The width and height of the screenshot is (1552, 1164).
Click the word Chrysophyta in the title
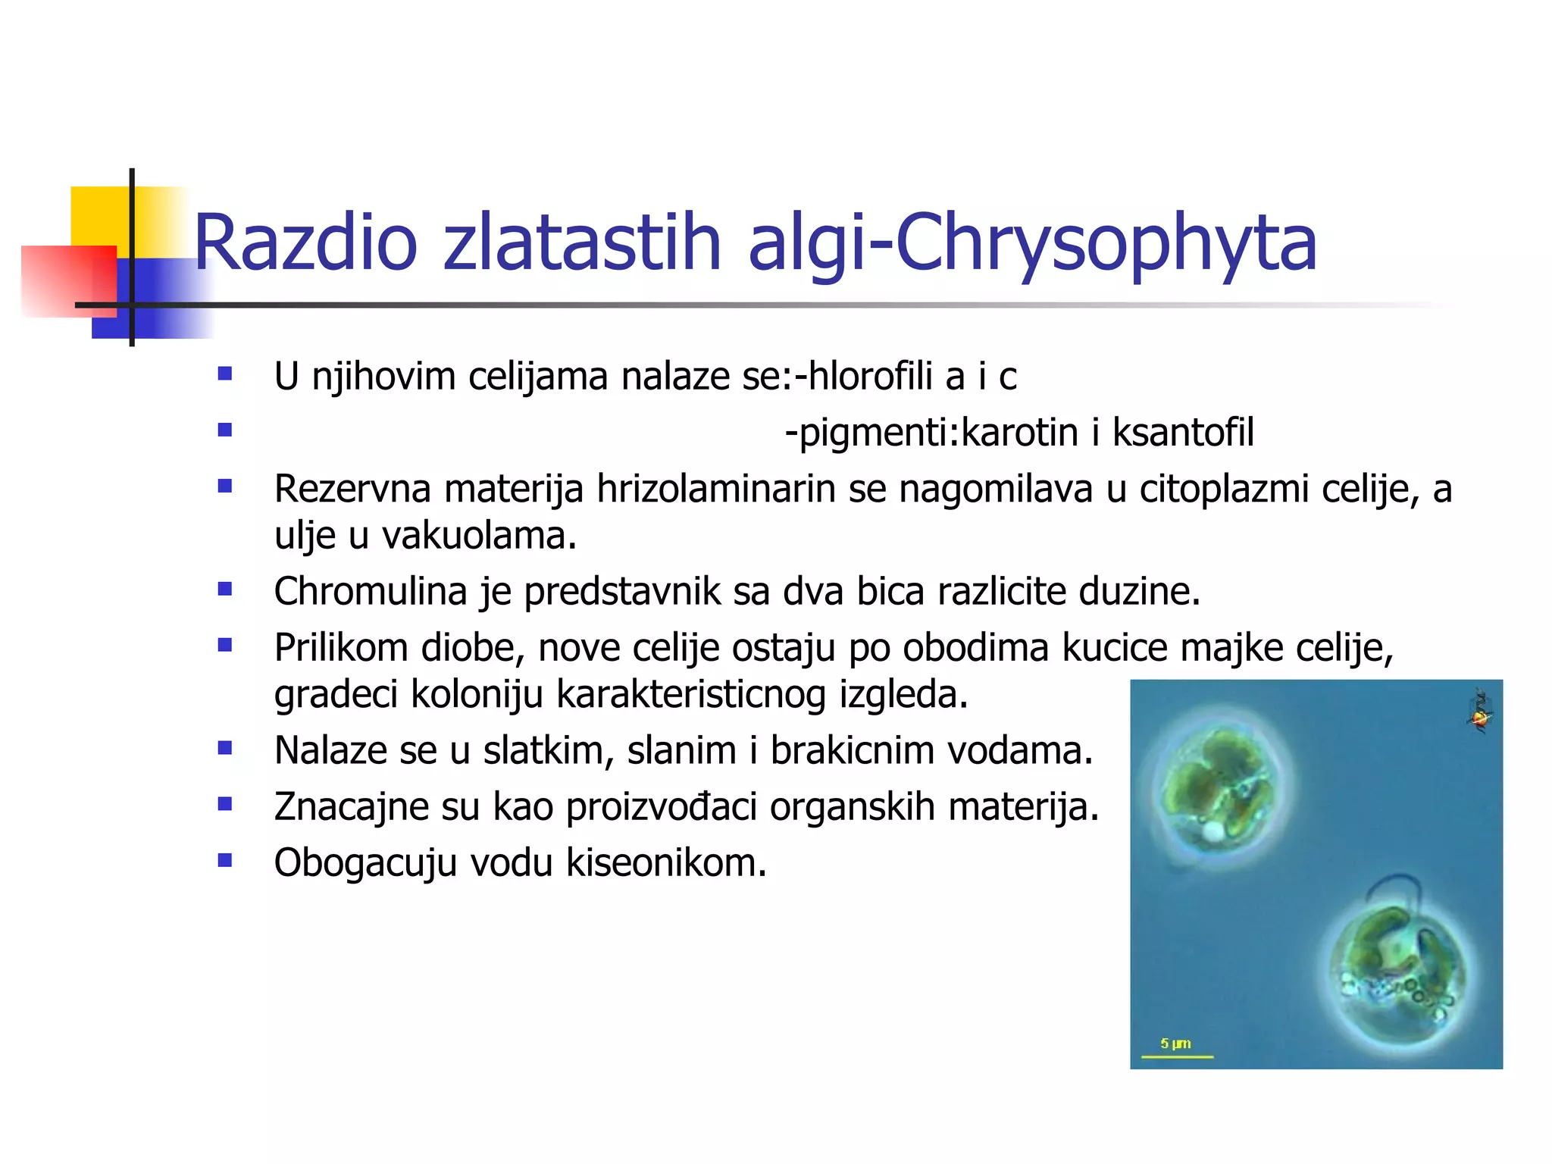(x=1106, y=242)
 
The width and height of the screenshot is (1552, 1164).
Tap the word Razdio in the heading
(x=305, y=242)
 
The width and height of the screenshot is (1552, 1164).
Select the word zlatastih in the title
(x=581, y=242)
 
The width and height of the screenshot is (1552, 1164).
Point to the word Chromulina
(x=370, y=591)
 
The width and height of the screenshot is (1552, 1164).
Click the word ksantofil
(x=1183, y=433)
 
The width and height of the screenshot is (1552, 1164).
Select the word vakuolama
(x=478, y=536)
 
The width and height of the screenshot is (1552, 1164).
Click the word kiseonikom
(x=666, y=862)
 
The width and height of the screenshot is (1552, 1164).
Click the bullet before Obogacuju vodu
(x=224, y=860)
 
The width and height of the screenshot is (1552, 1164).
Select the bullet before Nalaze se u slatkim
(x=224, y=748)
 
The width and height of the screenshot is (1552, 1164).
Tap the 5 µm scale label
(x=1175, y=1044)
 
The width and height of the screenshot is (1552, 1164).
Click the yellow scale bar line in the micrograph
(x=1177, y=1056)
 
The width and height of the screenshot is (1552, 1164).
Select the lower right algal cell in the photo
(x=1398, y=974)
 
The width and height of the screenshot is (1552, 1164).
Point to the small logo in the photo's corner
(x=1480, y=713)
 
